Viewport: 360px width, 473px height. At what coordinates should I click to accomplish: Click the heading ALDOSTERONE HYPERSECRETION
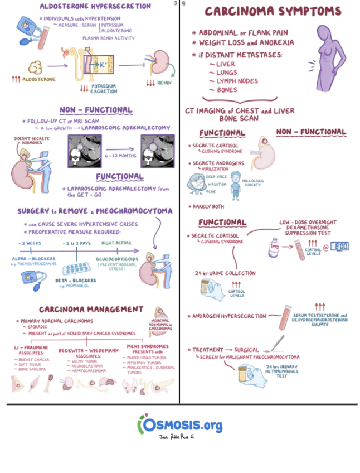[x=95, y=6]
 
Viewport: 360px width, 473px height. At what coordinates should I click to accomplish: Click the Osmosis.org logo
[x=180, y=424]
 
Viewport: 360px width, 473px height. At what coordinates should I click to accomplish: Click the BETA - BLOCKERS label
[x=77, y=280]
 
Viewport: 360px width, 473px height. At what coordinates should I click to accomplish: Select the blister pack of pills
[x=76, y=266]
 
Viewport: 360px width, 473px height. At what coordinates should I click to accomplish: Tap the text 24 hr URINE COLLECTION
[x=225, y=273]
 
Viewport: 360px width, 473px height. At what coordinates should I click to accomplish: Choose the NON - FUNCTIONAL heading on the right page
[x=311, y=132]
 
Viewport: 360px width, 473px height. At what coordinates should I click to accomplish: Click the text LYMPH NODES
[x=233, y=81]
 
